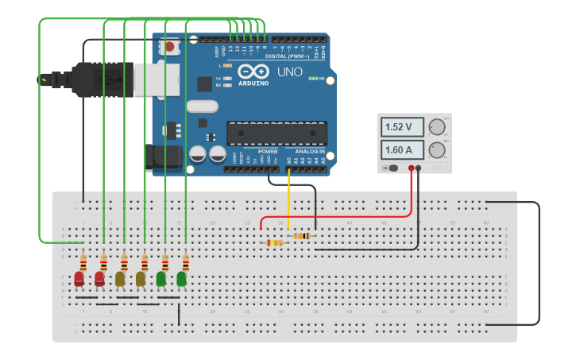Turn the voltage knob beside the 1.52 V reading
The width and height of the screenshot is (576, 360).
pos(436,127)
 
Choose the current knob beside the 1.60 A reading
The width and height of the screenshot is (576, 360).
pos(436,150)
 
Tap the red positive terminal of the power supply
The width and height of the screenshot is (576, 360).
pos(411,168)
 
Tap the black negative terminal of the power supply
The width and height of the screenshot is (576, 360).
pos(418,168)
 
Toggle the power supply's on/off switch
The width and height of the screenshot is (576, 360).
pos(391,168)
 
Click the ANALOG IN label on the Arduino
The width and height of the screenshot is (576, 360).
pos(308,151)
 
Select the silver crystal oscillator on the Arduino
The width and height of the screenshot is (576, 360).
pos(202,106)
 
